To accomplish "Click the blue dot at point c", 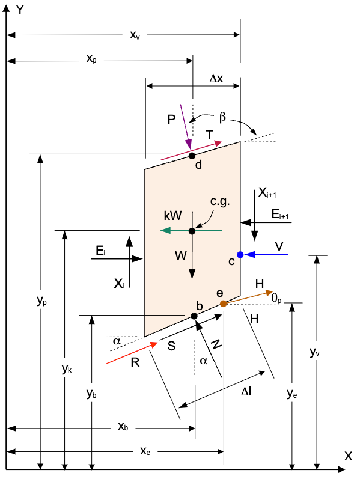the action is (x=240, y=254).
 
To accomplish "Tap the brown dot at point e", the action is (x=224, y=304).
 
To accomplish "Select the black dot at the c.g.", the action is (x=192, y=231).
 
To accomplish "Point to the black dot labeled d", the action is (x=192, y=156).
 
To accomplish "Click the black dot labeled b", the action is (x=194, y=316).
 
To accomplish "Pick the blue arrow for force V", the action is (x=266, y=254).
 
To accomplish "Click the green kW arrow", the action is (x=191, y=230).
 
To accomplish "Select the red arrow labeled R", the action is (x=132, y=353).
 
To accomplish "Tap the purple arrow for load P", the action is (x=186, y=127).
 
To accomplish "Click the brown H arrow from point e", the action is (x=248, y=297).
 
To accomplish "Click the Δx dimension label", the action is (x=216, y=79).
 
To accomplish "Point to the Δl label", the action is (x=246, y=391).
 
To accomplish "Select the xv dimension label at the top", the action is (x=135, y=35).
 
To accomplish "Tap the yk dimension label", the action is (x=67, y=369).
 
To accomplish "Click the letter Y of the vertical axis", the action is (x=20, y=10).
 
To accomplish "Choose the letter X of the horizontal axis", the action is (x=349, y=456).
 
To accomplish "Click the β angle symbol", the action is (x=222, y=117).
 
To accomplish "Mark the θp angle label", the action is (x=276, y=298).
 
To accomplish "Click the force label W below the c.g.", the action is (x=181, y=255).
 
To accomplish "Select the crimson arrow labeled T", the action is (x=191, y=151).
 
